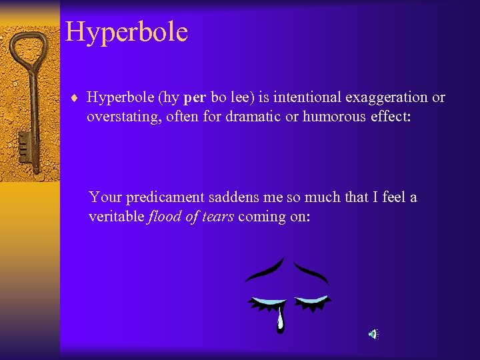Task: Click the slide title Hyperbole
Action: (127, 32)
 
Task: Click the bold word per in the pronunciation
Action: (194, 98)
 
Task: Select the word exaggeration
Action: (387, 98)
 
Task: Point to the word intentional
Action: (309, 98)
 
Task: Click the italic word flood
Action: (164, 216)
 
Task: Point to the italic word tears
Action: (216, 216)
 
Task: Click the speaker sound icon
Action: (374, 334)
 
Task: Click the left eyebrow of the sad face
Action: (265, 270)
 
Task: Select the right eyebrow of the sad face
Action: (311, 271)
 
